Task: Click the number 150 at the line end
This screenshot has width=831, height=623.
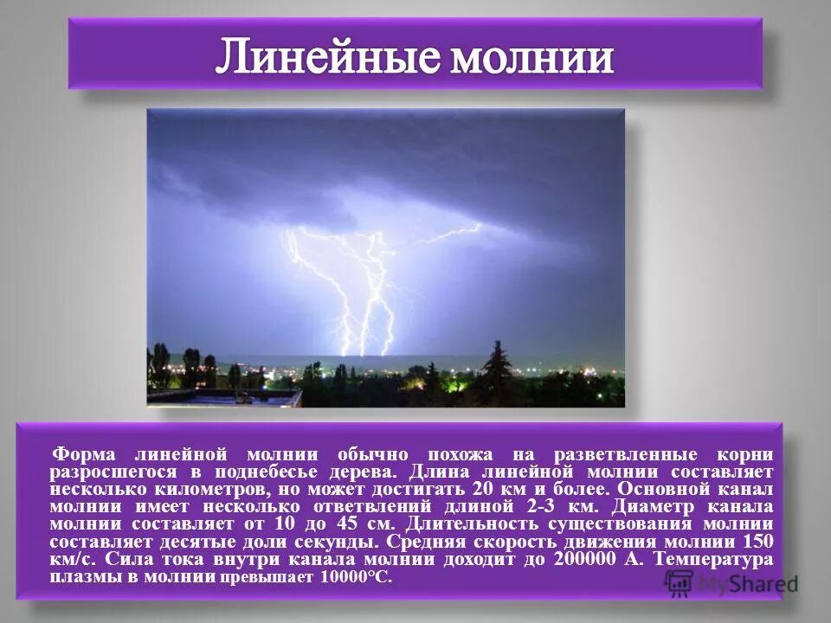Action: point(757,542)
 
